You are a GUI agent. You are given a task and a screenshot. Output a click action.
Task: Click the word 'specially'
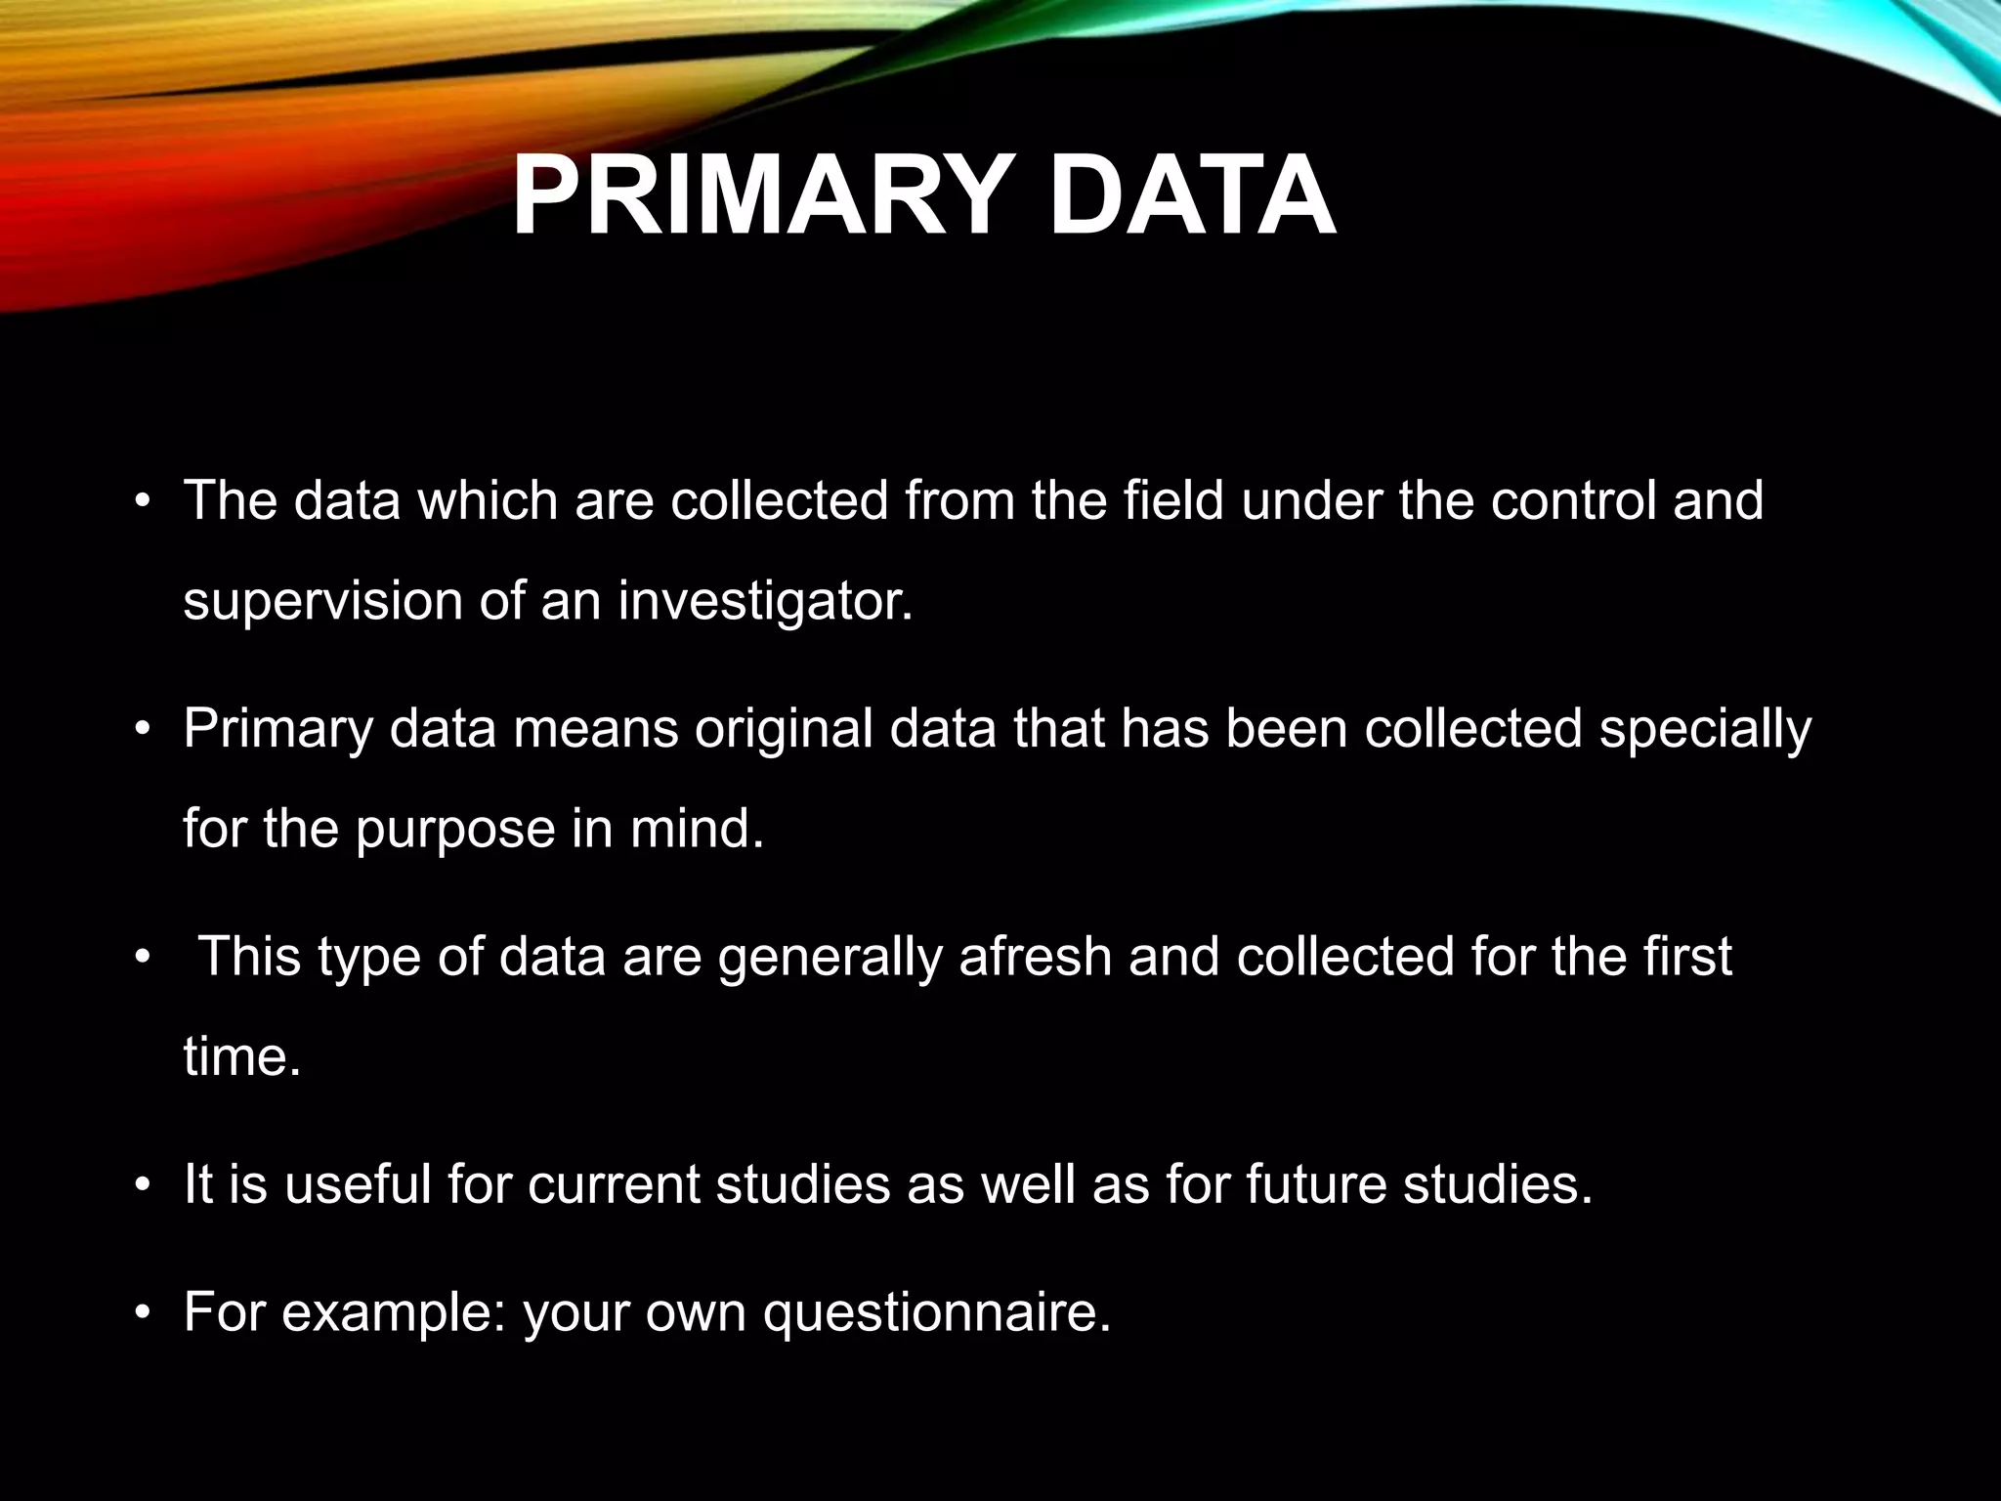tap(1705, 730)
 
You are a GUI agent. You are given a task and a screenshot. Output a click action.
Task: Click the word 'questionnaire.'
tap(937, 1312)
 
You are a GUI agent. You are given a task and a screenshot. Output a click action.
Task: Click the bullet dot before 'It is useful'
tap(143, 1185)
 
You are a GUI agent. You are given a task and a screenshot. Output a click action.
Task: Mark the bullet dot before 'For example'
tap(143, 1313)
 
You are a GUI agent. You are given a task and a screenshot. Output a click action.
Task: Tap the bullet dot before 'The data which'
tap(143, 502)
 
